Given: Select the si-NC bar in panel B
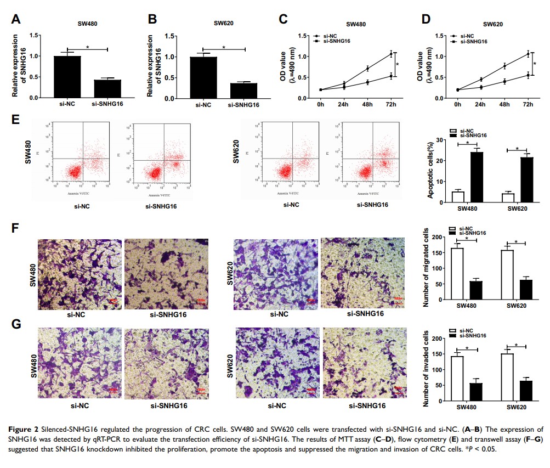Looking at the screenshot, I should click(203, 77).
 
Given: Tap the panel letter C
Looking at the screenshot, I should click(283, 19).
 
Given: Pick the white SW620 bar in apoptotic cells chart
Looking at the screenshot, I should click(508, 198).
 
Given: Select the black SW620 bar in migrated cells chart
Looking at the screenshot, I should click(526, 289).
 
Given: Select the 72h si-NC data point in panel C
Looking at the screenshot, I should click(391, 54).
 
